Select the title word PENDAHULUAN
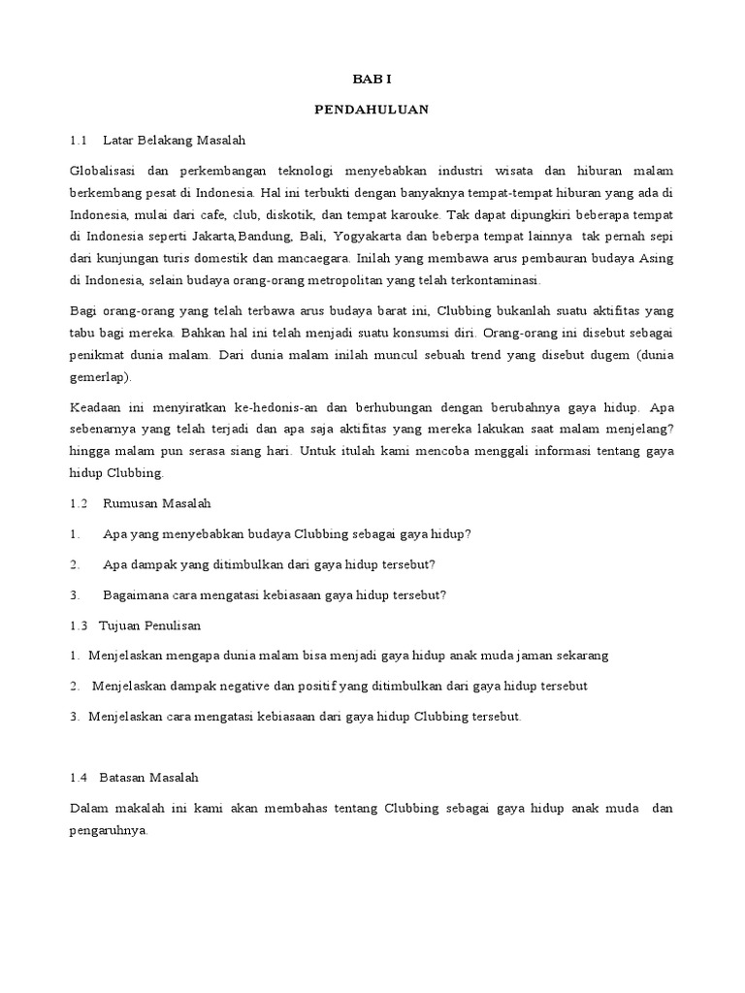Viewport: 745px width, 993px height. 372,110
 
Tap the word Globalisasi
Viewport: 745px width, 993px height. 106,171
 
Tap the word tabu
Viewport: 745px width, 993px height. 84,333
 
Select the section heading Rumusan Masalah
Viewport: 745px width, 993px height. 156,503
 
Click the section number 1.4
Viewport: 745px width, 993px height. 80,778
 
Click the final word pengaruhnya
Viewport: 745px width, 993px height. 109,830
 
